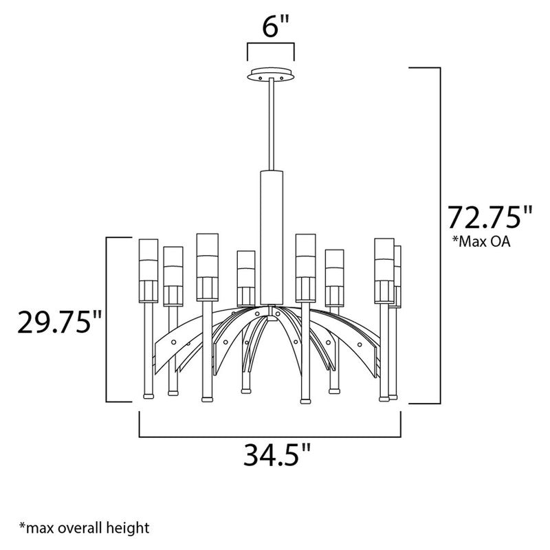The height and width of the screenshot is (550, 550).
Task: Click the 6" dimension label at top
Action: point(271,29)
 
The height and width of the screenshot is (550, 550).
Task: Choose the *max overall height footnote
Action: point(85,528)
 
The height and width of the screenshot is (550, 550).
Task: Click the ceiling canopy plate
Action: point(271,74)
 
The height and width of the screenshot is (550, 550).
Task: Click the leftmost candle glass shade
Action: point(148,261)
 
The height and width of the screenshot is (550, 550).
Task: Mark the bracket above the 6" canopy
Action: point(271,49)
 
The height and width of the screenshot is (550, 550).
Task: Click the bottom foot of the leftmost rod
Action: point(147,396)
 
